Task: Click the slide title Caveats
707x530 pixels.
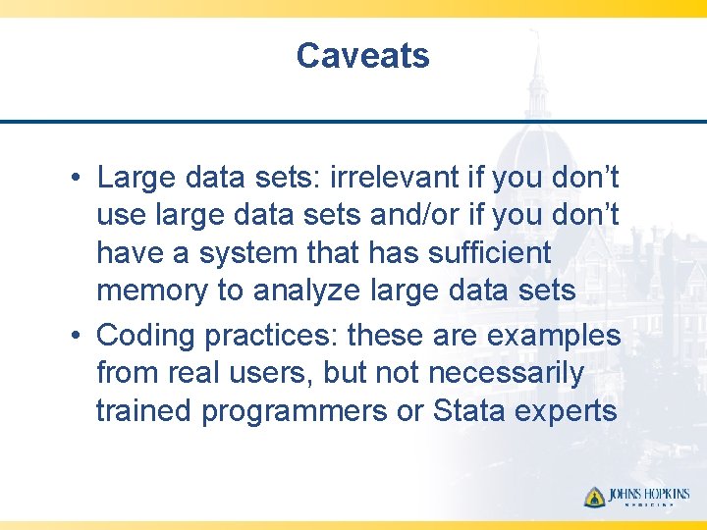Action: (x=362, y=56)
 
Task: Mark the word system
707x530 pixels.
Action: (x=248, y=253)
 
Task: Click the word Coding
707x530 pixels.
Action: (x=146, y=336)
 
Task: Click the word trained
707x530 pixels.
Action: (x=144, y=411)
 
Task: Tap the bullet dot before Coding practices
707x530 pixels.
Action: (x=76, y=337)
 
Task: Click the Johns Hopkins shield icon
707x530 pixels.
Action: (x=594, y=497)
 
